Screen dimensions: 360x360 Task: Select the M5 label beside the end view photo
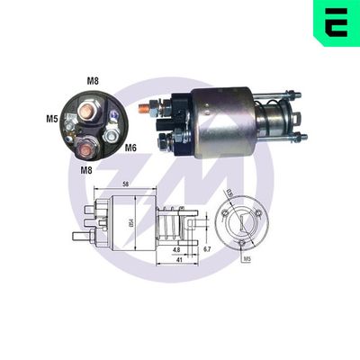tap(53, 118)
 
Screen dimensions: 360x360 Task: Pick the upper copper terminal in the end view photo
tap(89, 112)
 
